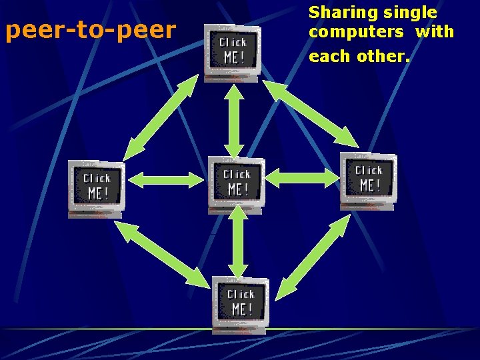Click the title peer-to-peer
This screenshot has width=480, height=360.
[91, 31]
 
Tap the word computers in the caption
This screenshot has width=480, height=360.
[356, 32]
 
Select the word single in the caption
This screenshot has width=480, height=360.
[410, 13]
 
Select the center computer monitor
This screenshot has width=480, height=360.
[237, 184]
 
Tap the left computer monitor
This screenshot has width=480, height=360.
[97, 188]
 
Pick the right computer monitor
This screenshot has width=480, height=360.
[369, 180]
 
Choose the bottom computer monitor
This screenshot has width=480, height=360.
[241, 304]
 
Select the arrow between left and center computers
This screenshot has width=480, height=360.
[165, 179]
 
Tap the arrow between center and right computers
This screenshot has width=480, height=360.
[303, 177]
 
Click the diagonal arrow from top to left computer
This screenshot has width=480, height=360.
[161, 117]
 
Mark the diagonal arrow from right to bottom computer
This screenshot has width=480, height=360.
[312, 257]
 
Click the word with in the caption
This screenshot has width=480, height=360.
[434, 32]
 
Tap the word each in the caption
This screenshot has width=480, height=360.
[329, 56]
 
